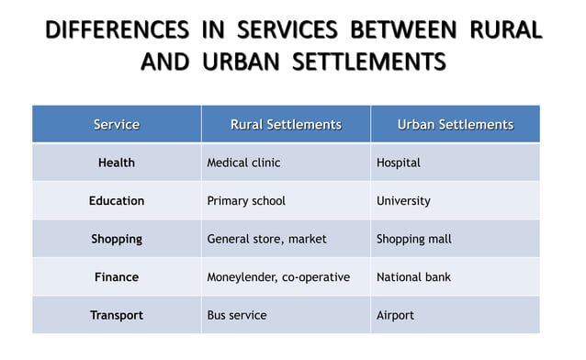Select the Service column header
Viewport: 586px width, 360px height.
117,124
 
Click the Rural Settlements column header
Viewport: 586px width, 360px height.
286,124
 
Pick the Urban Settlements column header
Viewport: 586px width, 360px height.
455,124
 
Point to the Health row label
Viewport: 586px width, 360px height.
117,163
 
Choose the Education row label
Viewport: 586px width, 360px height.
117,200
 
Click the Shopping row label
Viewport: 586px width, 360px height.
117,239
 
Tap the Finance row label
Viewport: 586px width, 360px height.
117,276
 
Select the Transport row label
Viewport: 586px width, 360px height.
117,315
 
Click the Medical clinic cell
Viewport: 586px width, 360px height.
243,163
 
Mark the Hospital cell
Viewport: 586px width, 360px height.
399,163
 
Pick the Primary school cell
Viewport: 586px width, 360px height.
246,200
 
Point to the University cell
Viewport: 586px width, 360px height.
403,200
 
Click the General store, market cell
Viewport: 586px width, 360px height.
266,239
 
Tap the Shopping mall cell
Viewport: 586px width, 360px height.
414,239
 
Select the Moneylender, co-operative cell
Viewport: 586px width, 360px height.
278,276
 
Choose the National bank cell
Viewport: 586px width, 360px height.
413,276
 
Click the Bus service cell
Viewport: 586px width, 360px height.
237,315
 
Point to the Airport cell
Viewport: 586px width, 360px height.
395,315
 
